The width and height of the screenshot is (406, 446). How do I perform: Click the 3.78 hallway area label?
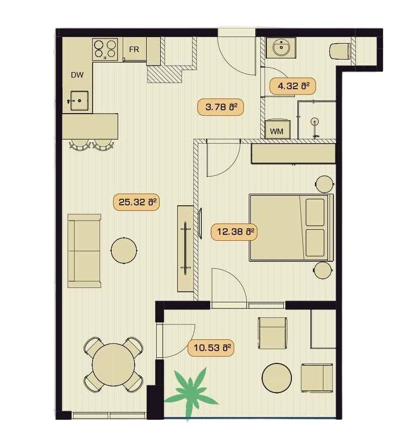point(220,107)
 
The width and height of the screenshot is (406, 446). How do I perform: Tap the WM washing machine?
point(277,131)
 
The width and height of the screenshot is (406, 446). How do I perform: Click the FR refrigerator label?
point(134,50)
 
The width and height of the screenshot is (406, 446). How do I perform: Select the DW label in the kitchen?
point(77,75)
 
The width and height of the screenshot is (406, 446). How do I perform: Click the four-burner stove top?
point(105,49)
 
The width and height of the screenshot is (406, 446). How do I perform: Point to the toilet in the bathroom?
point(340,51)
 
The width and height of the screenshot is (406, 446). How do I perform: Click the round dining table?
point(114,364)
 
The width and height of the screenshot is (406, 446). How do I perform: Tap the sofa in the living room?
point(84,250)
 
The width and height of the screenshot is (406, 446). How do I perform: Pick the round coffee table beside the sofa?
point(124,250)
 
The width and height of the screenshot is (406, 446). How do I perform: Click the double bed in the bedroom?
point(290,227)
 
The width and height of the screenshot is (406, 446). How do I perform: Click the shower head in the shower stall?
point(315,122)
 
